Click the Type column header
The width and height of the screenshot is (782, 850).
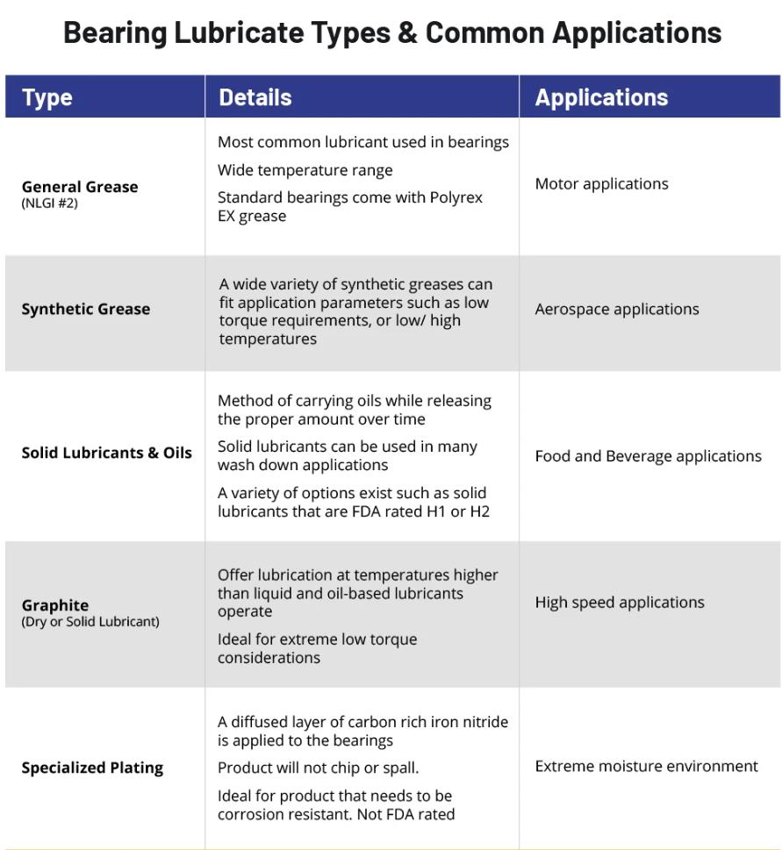tap(47, 97)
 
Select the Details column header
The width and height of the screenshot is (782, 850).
tap(255, 97)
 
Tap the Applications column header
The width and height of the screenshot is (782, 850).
tap(601, 97)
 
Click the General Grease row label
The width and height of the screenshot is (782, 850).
tap(80, 187)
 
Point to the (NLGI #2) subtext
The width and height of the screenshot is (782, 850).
tap(50, 204)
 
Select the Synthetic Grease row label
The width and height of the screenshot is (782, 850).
tap(86, 309)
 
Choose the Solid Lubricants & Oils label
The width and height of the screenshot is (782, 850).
tap(106, 453)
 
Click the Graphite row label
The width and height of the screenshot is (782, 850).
tap(55, 605)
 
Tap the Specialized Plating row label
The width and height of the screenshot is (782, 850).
tap(92, 768)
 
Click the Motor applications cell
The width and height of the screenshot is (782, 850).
tap(601, 184)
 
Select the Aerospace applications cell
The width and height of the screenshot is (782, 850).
tap(617, 309)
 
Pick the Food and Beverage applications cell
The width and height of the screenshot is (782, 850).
tap(648, 456)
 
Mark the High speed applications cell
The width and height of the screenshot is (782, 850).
tap(620, 603)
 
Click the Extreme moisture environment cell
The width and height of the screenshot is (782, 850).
tap(646, 766)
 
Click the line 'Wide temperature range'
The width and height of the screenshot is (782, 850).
tap(305, 170)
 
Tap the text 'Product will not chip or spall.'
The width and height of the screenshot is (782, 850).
tap(318, 768)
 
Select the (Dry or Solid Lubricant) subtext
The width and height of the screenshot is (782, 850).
tap(90, 622)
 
